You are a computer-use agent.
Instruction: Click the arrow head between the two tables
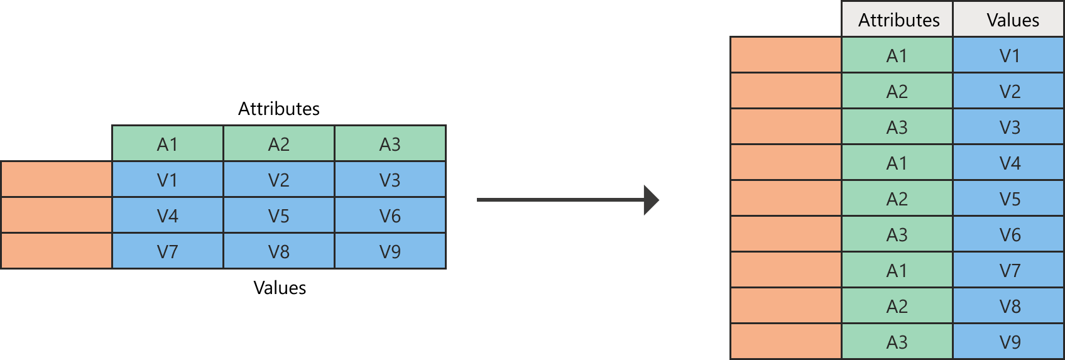click(x=652, y=200)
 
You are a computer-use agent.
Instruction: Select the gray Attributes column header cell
click(x=897, y=19)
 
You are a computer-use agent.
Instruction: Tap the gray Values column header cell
click(x=1009, y=19)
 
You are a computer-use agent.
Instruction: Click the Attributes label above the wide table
click(x=279, y=109)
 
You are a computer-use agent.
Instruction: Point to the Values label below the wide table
click(x=280, y=288)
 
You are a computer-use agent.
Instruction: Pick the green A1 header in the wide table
click(x=168, y=144)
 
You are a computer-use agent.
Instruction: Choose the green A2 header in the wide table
click(x=279, y=144)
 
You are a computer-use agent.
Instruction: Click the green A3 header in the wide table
click(x=390, y=144)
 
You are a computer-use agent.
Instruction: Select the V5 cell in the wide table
click(x=279, y=215)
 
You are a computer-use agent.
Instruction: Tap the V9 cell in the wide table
click(x=390, y=251)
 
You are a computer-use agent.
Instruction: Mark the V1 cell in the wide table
click(x=168, y=180)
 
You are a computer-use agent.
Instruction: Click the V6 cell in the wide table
click(x=390, y=215)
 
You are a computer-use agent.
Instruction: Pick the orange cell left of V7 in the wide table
click(x=57, y=251)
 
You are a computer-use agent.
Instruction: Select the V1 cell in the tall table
click(x=1009, y=55)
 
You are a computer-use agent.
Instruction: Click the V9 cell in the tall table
click(x=1009, y=342)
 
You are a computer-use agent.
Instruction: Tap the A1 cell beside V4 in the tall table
click(x=897, y=163)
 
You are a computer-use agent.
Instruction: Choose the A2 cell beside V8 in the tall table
click(x=897, y=306)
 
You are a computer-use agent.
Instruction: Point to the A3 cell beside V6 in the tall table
click(x=897, y=234)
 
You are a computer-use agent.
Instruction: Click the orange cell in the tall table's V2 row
click(x=786, y=91)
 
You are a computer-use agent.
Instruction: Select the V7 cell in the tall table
click(x=1009, y=270)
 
